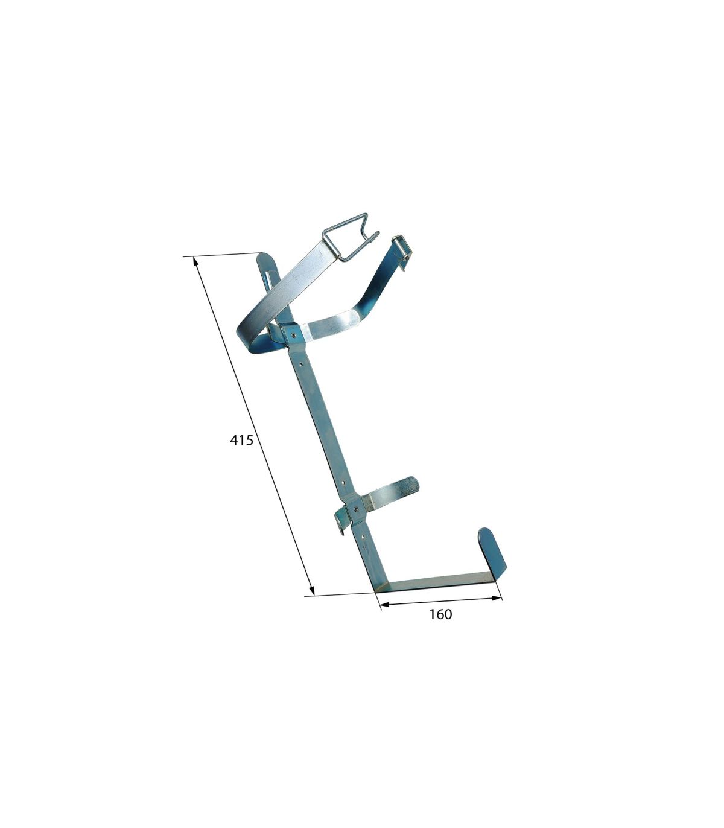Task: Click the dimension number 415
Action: [x=241, y=440]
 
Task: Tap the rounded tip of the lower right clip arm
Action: [x=415, y=483]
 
